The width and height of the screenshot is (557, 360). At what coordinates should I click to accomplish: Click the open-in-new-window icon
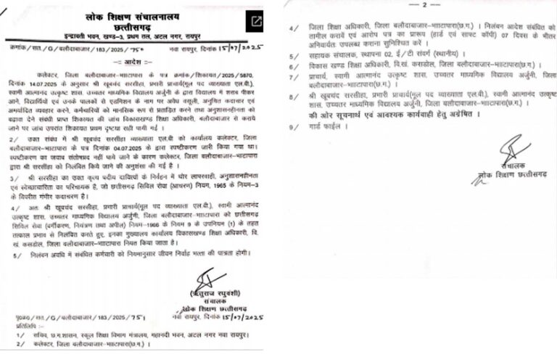point(255,21)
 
